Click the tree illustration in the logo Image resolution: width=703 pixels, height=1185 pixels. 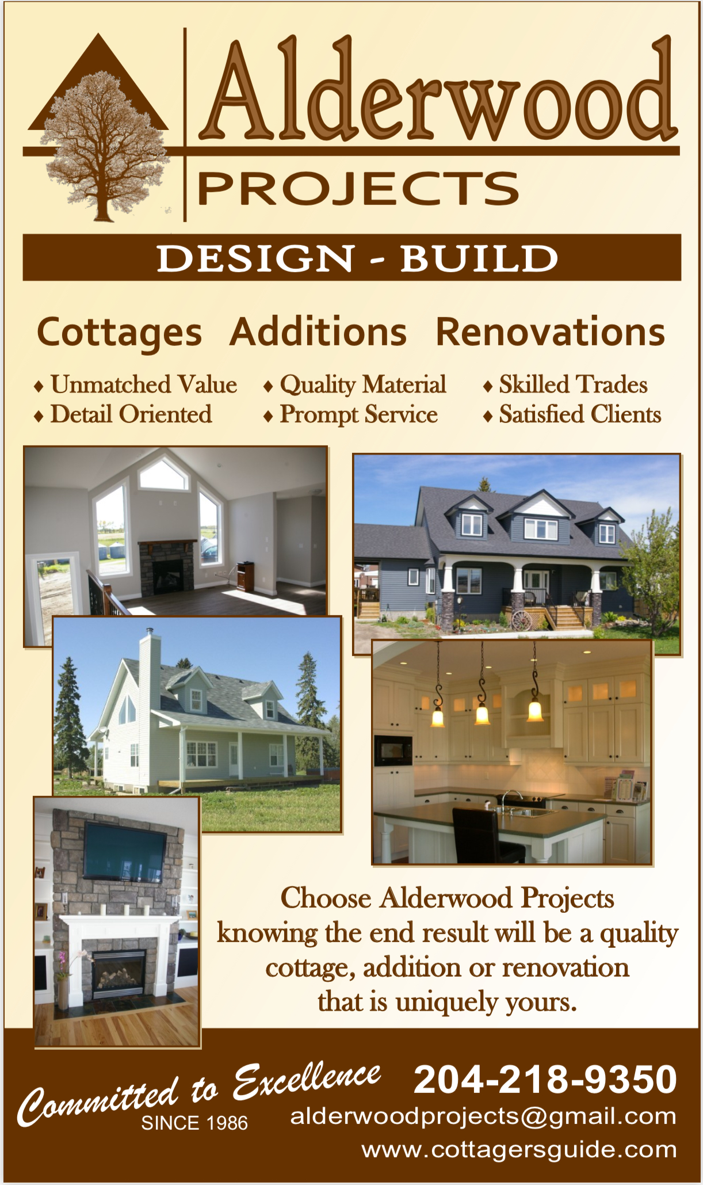pos(104,144)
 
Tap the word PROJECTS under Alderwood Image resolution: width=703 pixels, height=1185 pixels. pos(358,188)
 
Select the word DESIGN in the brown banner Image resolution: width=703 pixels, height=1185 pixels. pos(255,258)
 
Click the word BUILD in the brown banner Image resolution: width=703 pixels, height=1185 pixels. pos(479,258)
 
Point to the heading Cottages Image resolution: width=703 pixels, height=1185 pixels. pos(120,333)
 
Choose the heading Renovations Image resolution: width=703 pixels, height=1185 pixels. pos(551,332)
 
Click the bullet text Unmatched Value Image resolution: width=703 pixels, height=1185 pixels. pos(144,384)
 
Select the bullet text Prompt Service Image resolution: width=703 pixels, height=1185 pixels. pos(358,414)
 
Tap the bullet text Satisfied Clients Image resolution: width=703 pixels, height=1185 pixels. pos(580,414)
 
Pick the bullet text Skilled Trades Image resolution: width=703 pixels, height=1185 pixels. pos(573,384)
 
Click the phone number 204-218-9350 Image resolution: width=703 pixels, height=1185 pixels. pos(545,1079)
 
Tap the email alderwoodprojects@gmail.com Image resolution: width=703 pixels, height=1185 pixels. pos(483,1117)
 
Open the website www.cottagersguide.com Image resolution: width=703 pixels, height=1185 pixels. pos(519,1150)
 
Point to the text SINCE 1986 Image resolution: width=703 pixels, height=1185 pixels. pos(194,1123)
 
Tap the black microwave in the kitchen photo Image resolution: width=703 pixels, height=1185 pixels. pos(393,750)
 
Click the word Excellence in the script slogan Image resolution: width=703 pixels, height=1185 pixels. pos(307,1080)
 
